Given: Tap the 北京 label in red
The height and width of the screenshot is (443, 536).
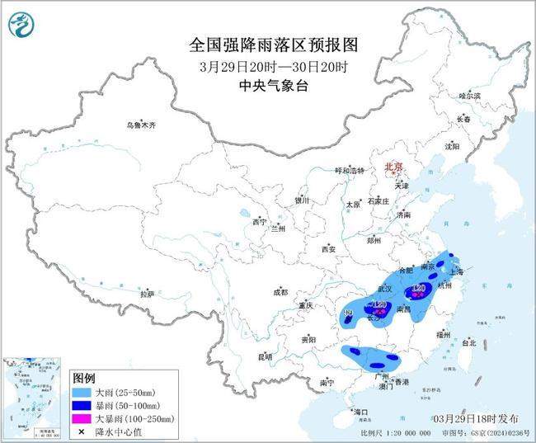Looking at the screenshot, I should tap(394, 167).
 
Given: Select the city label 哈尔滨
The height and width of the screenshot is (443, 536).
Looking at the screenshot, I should tap(469, 96).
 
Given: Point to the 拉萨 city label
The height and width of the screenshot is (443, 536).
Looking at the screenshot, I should tap(148, 294).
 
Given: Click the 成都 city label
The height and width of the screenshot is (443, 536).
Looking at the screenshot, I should tap(280, 291).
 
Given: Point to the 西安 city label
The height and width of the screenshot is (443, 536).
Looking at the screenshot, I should tap(329, 248).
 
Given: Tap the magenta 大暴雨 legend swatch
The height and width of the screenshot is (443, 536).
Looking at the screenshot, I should tap(82, 418).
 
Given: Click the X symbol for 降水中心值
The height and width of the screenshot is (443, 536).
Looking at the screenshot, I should tap(82, 431).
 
